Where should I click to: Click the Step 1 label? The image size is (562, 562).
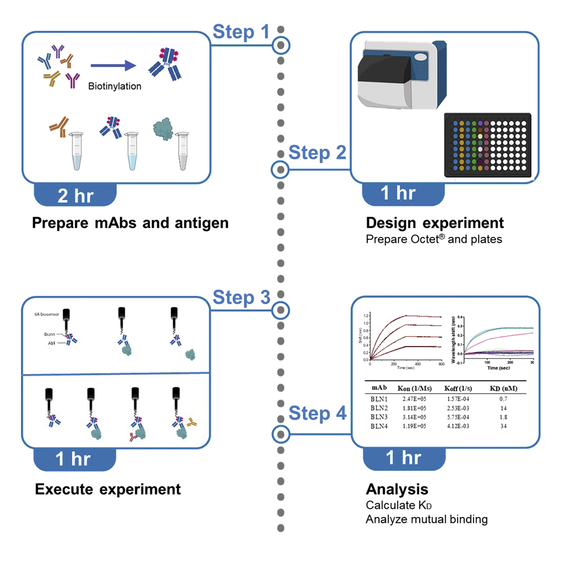[x=241, y=33]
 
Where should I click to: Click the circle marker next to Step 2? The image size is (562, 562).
[x=280, y=169]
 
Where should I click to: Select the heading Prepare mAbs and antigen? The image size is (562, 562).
[x=130, y=223]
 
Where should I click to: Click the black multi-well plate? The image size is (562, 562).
[x=489, y=146]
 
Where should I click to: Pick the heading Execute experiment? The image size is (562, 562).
[x=108, y=489]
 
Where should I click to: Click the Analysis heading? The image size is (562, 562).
[x=397, y=489]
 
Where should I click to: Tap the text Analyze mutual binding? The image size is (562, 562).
[x=426, y=519]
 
